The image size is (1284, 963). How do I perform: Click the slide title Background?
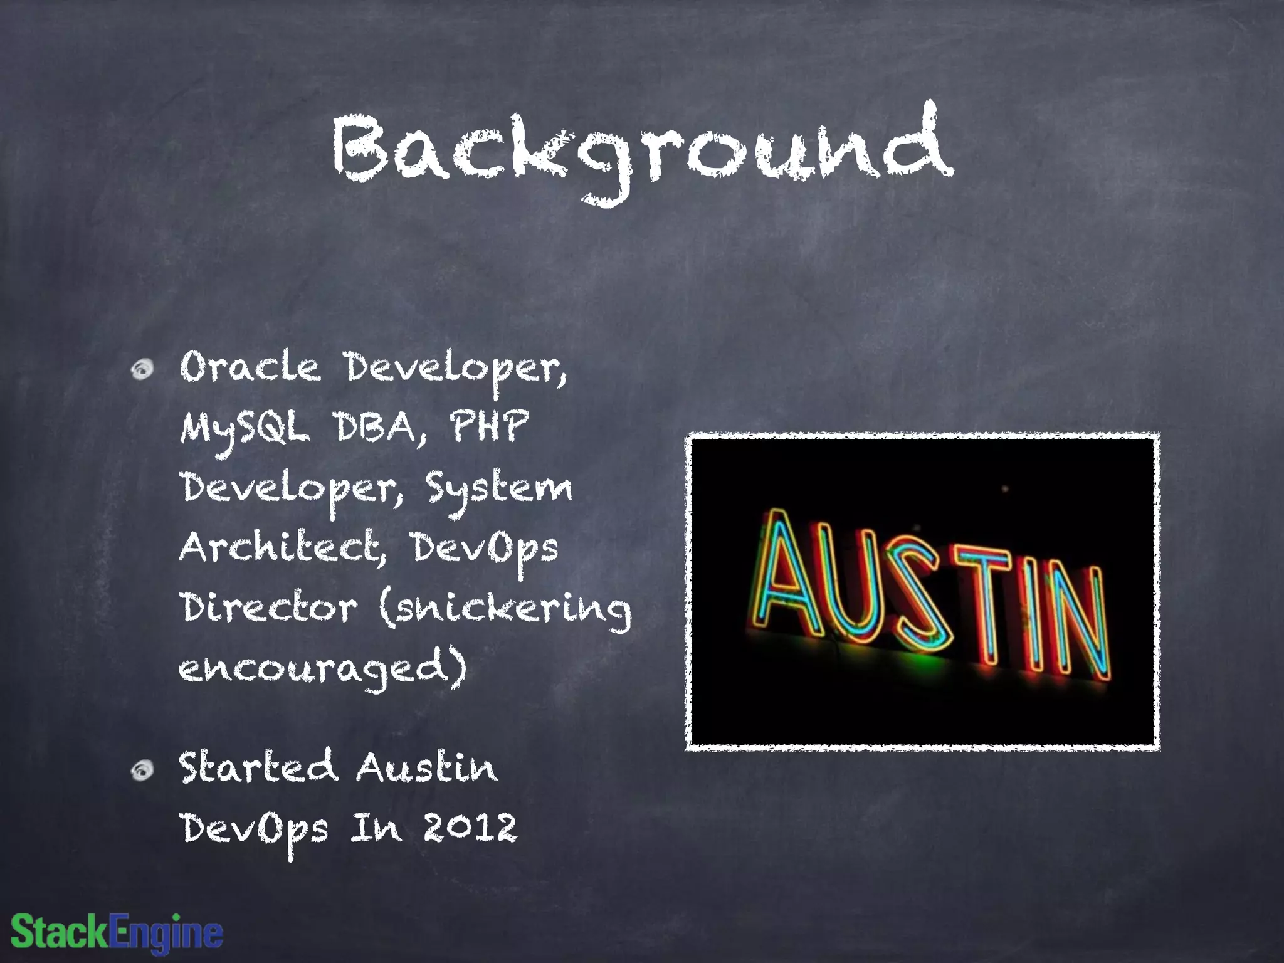(642, 150)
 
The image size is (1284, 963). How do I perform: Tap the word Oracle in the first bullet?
(250, 367)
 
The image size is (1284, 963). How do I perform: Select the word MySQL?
(245, 429)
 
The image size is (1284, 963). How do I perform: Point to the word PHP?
(489, 426)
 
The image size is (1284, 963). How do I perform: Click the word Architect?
(280, 547)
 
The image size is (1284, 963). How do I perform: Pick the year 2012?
(470, 828)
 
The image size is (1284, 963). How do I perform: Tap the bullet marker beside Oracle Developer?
(143, 370)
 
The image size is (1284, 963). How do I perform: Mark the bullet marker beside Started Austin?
(143, 771)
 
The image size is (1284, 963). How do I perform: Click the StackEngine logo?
(117, 932)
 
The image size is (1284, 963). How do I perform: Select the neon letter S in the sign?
(915, 596)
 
